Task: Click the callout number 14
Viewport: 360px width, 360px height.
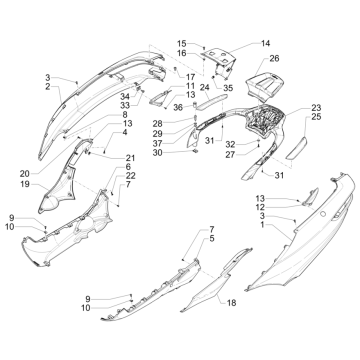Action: tap(265, 43)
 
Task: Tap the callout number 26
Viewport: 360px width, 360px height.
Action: tap(274, 59)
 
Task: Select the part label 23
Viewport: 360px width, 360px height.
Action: tap(316, 108)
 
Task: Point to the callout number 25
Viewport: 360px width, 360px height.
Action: tap(316, 117)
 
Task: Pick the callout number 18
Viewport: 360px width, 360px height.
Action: tap(231, 303)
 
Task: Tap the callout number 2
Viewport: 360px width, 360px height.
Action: tap(48, 87)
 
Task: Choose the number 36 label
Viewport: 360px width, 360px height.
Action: tap(178, 108)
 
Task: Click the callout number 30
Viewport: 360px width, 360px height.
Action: tap(158, 153)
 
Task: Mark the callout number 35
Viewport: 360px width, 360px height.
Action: tap(228, 88)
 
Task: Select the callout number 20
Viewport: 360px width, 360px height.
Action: tap(25, 174)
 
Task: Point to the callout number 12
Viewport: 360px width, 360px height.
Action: tap(261, 207)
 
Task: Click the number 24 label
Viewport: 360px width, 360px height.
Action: tap(205, 87)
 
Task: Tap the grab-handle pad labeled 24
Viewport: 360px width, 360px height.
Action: tap(212, 101)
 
